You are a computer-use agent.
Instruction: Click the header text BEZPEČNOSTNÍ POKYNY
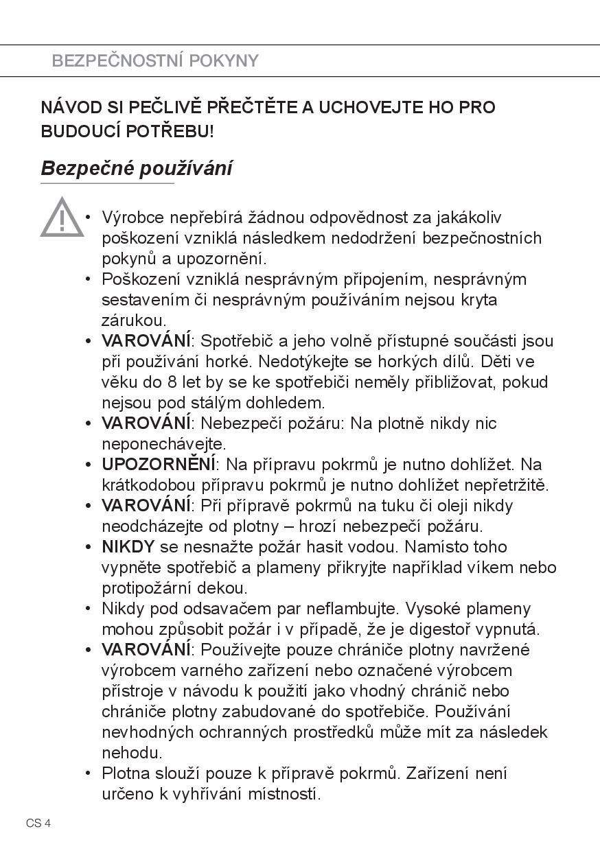155,61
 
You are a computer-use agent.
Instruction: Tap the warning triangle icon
62,218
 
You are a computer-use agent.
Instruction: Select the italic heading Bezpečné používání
136,168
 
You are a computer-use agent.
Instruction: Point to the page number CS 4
39,824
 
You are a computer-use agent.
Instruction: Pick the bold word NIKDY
128,547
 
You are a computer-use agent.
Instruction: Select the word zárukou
134,320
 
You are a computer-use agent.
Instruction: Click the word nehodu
132,753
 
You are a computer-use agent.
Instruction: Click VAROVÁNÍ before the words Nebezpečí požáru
146,423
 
